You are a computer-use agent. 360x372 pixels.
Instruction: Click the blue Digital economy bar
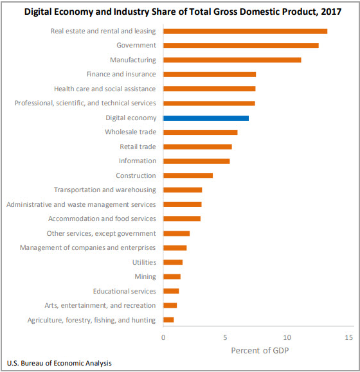click(206, 118)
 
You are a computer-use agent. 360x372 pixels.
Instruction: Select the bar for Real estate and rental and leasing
click(245, 31)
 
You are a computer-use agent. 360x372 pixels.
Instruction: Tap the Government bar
click(240, 46)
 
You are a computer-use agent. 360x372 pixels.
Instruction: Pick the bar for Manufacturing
click(232, 60)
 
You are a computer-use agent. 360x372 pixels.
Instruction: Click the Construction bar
click(188, 175)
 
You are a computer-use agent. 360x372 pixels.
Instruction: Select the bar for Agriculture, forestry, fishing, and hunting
click(168, 320)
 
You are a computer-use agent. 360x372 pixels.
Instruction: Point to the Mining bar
click(172, 276)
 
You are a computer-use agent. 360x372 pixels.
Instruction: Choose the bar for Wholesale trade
click(200, 132)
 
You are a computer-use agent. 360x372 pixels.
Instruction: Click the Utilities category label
click(143, 262)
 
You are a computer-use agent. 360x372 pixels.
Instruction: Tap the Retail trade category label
click(138, 146)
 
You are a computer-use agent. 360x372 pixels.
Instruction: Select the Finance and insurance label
click(121, 75)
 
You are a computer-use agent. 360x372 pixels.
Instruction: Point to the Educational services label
click(124, 291)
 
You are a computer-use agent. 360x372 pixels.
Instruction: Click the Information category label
click(137, 161)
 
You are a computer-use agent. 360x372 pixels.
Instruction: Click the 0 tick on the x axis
click(163, 337)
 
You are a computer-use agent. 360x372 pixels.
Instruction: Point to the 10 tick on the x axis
click(287, 337)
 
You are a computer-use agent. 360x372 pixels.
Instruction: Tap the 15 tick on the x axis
click(349, 337)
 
